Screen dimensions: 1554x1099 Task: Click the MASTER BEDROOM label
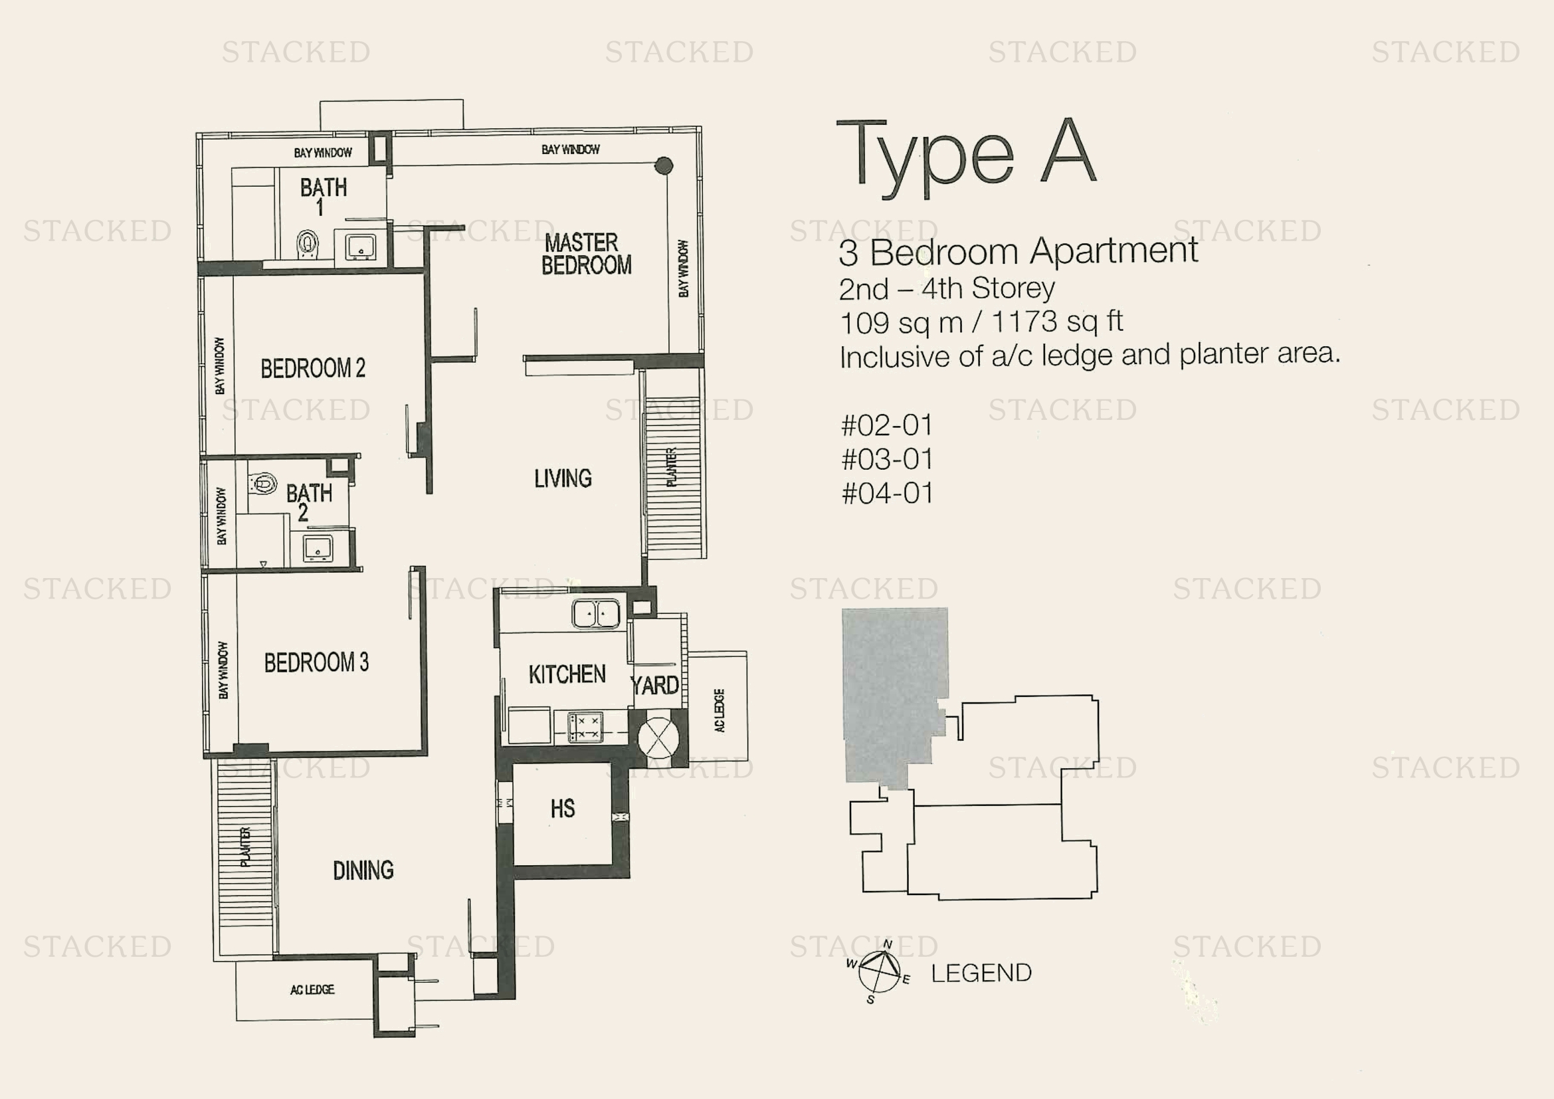click(586, 254)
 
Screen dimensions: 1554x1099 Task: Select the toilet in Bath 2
click(263, 483)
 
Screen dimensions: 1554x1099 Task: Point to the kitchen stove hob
click(585, 728)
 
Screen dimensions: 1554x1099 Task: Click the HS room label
click(563, 808)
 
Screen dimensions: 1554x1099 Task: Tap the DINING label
click(363, 870)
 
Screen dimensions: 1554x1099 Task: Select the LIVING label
click(563, 478)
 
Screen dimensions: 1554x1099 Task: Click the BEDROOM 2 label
click(313, 368)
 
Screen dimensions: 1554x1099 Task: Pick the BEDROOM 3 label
click(316, 662)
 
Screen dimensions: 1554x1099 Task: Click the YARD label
click(654, 686)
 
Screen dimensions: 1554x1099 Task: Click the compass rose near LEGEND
click(878, 971)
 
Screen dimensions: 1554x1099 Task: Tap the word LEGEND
click(981, 973)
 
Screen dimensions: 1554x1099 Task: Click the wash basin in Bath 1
click(360, 247)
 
